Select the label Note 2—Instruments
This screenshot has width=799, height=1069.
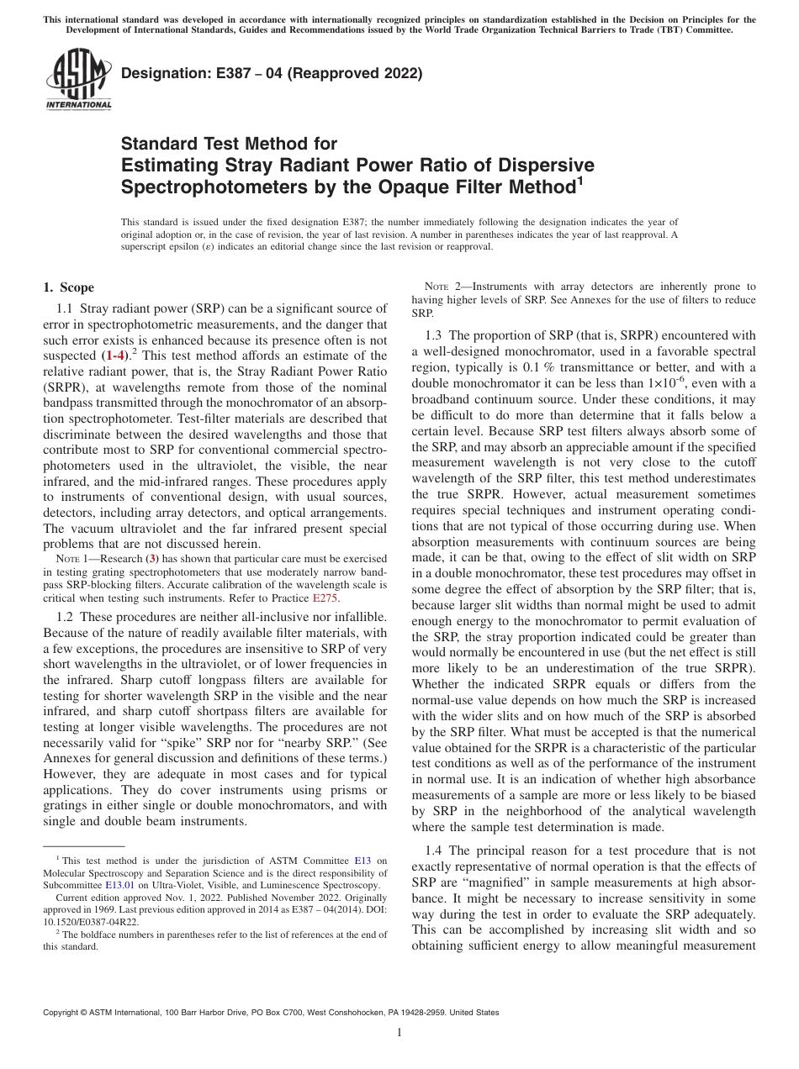(477, 287)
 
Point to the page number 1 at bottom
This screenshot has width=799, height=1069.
(399, 1033)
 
